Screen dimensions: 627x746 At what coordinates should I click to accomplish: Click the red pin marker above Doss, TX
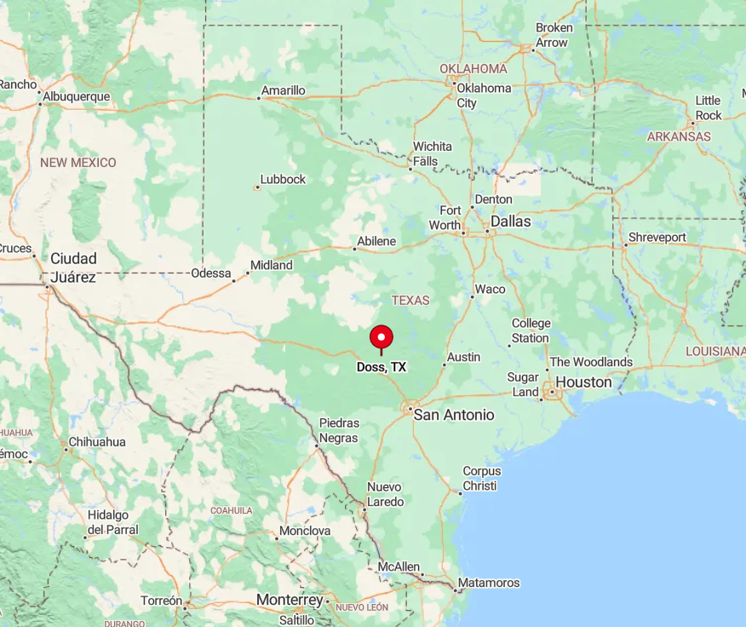(x=381, y=337)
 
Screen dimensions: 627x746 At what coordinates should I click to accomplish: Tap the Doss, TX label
(x=381, y=367)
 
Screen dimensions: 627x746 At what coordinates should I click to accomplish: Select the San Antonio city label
(x=453, y=415)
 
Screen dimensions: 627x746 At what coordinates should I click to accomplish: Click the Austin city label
(x=463, y=357)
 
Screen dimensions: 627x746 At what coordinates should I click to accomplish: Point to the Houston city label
(x=583, y=383)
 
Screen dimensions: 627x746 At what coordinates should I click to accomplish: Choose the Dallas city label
(x=509, y=221)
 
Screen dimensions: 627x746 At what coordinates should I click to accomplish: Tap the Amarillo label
(x=283, y=90)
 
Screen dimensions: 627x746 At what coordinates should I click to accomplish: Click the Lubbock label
(x=283, y=180)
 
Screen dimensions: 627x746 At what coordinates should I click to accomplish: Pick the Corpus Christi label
(x=482, y=479)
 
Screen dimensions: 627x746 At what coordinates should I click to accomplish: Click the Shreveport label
(x=657, y=237)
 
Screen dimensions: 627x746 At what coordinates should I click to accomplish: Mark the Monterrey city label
(x=290, y=600)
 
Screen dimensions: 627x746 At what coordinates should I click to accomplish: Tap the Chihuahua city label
(x=96, y=442)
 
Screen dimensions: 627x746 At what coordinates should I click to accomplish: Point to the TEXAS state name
(x=410, y=301)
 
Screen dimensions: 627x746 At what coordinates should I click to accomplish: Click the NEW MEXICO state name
(x=77, y=162)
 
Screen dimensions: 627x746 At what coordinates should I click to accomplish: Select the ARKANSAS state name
(x=679, y=136)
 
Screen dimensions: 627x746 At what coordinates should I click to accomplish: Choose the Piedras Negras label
(x=339, y=429)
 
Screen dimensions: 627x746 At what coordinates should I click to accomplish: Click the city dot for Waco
(x=471, y=296)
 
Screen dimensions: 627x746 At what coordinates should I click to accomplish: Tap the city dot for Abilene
(x=354, y=249)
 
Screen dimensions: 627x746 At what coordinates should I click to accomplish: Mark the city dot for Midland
(x=247, y=273)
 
